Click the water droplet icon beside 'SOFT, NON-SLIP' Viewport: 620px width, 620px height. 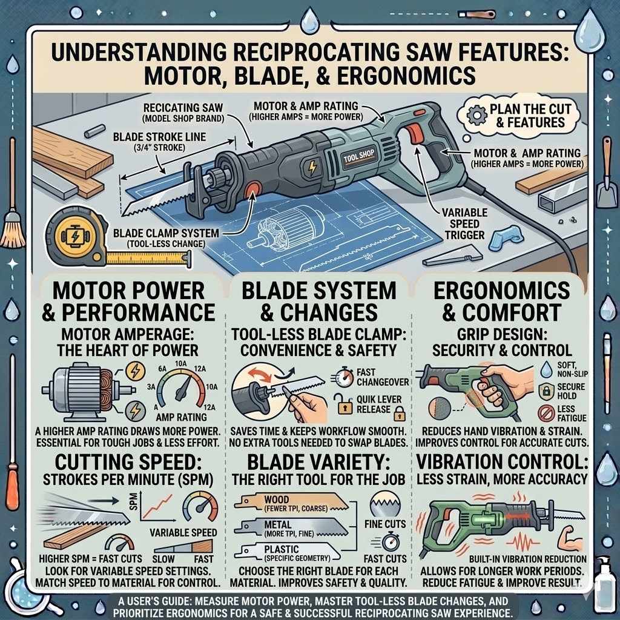[x=547, y=368]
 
